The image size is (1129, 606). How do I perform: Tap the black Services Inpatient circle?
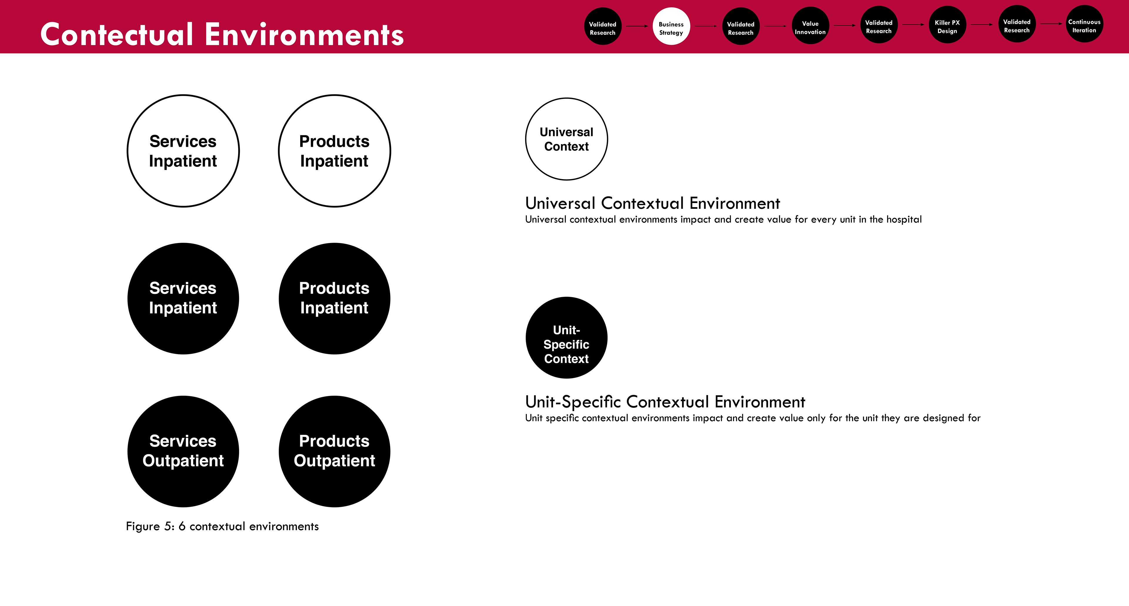coord(183,299)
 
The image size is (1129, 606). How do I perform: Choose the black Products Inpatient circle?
coord(334,299)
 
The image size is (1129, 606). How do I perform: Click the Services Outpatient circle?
coord(183,452)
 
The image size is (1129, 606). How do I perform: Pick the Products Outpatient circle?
coord(334,452)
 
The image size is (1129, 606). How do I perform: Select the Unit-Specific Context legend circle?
coord(567,338)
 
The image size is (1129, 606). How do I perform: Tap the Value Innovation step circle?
coord(810,25)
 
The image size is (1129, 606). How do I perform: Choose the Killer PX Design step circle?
coord(948,24)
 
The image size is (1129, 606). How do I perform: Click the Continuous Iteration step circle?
coord(1085,24)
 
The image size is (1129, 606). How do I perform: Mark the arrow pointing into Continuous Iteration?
coord(1051,24)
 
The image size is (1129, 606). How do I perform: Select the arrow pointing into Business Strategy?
coord(637,26)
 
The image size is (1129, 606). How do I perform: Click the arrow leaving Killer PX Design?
coord(982,24)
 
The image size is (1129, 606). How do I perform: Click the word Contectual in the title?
coord(117,35)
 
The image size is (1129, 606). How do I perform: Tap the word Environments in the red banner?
coord(304,35)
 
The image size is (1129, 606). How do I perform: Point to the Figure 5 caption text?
coord(222,526)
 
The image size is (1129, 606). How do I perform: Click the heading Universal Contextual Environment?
coord(653,203)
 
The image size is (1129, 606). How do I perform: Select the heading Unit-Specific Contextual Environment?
coord(665,402)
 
